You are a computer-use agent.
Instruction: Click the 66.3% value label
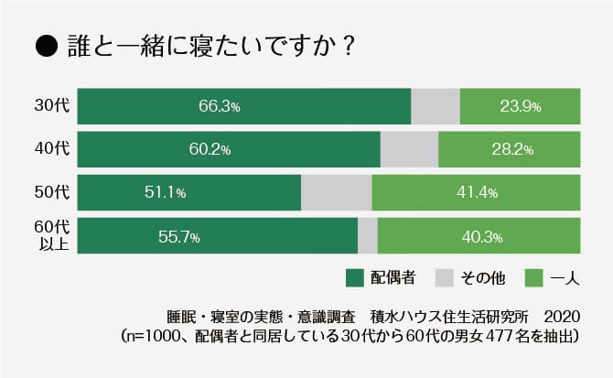tap(219, 106)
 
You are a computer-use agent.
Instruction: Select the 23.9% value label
tap(520, 106)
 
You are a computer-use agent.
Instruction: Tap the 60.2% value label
tap(209, 149)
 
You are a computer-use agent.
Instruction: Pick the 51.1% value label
tap(166, 192)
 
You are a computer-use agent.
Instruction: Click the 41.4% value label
tap(476, 192)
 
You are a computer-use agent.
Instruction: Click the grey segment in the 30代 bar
tap(436, 106)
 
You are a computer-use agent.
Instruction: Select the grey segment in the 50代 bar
tap(336, 192)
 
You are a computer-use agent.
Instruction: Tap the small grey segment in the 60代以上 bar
tap(367, 236)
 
